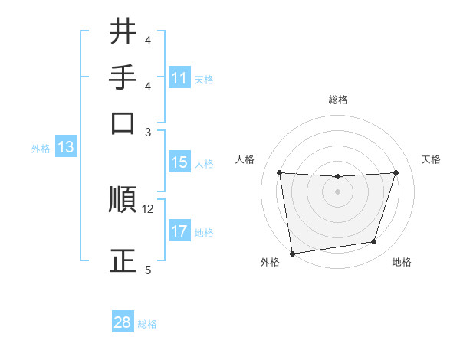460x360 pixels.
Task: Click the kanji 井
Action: click(123, 31)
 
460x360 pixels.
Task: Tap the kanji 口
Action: click(123, 123)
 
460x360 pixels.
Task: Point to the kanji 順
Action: click(123, 200)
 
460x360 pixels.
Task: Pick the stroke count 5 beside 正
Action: click(148, 270)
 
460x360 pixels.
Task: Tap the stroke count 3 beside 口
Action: click(148, 132)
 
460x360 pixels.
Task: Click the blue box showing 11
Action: click(179, 78)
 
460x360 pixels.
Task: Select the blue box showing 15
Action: click(179, 162)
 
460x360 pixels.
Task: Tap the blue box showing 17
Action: click(179, 231)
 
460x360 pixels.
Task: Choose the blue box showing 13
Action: click(65, 147)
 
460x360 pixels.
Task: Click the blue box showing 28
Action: click(123, 322)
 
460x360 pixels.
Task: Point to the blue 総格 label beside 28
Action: click(147, 324)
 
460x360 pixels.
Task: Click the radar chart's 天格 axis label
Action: click(431, 159)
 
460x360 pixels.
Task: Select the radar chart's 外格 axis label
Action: click(270, 263)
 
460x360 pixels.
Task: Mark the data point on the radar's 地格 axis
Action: click(374, 242)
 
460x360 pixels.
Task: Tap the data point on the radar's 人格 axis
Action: click(279, 173)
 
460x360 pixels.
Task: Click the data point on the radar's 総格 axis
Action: click(337, 177)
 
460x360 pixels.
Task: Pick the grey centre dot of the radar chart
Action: click(337, 191)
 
